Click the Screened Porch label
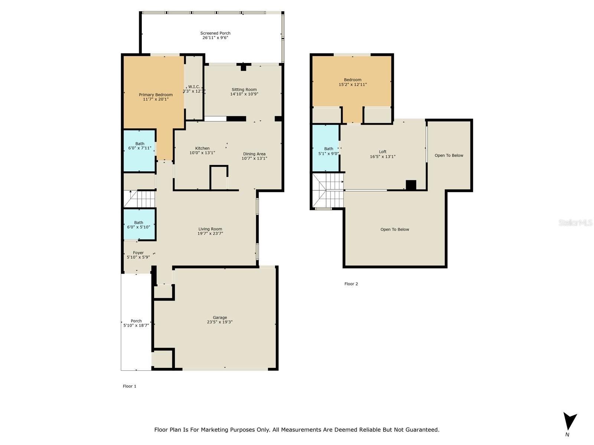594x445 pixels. click(x=215, y=33)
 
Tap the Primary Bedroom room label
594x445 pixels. click(x=156, y=95)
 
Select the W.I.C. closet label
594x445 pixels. click(x=194, y=87)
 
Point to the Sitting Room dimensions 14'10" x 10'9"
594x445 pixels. click(x=244, y=94)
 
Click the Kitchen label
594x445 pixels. click(x=202, y=148)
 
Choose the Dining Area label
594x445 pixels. click(x=254, y=154)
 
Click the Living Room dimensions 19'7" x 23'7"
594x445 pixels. click(x=210, y=234)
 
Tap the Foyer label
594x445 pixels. click(x=138, y=253)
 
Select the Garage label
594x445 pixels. click(x=220, y=317)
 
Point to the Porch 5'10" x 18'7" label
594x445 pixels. click(x=136, y=323)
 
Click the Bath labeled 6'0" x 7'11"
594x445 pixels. click(x=140, y=146)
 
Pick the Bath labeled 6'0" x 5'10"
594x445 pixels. click(x=138, y=224)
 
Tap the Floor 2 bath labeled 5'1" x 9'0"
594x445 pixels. click(x=329, y=151)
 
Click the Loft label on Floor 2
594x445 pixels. click(x=383, y=152)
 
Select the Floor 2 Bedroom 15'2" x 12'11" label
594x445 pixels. click(x=353, y=82)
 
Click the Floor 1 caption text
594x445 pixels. click(x=130, y=386)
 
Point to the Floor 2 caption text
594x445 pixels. click(x=351, y=284)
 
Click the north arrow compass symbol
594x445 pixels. click(x=569, y=421)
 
